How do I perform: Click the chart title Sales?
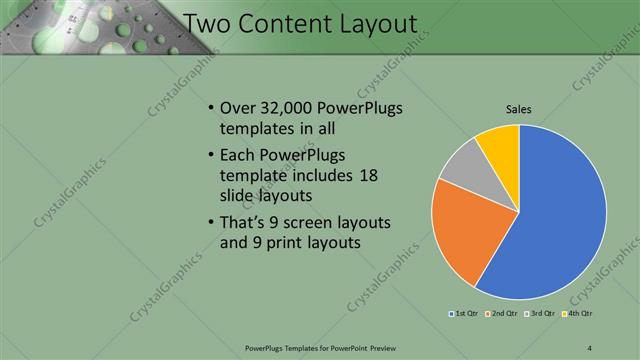click(x=517, y=110)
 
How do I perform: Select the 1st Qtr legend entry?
click(x=462, y=314)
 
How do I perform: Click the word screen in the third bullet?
click(x=318, y=221)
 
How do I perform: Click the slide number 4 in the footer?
click(x=591, y=347)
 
